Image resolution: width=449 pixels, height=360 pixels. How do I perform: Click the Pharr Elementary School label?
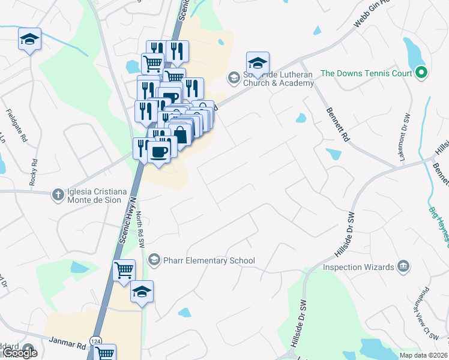pyautogui.click(x=209, y=260)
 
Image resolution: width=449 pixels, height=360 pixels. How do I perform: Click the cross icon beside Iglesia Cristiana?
pyautogui.click(x=58, y=194)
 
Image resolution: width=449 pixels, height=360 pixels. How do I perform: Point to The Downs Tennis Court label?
pyautogui.click(x=366, y=73)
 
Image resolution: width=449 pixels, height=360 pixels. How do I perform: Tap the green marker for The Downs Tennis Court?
pyautogui.click(x=421, y=73)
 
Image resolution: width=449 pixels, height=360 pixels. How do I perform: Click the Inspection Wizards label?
pyautogui.click(x=358, y=266)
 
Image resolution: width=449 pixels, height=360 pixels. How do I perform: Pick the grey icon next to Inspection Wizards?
pyautogui.click(x=403, y=266)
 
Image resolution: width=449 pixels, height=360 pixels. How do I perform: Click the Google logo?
pyautogui.click(x=20, y=352)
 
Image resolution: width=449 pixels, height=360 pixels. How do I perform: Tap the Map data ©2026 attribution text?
pyautogui.click(x=423, y=355)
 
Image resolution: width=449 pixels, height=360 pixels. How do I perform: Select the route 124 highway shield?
pyautogui.click(x=95, y=341)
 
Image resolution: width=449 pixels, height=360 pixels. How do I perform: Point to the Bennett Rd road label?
pyautogui.click(x=338, y=124)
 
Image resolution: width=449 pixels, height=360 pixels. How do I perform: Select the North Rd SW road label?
pyautogui.click(x=140, y=232)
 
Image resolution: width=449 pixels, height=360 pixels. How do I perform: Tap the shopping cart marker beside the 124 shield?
pyautogui.click(x=105, y=353)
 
